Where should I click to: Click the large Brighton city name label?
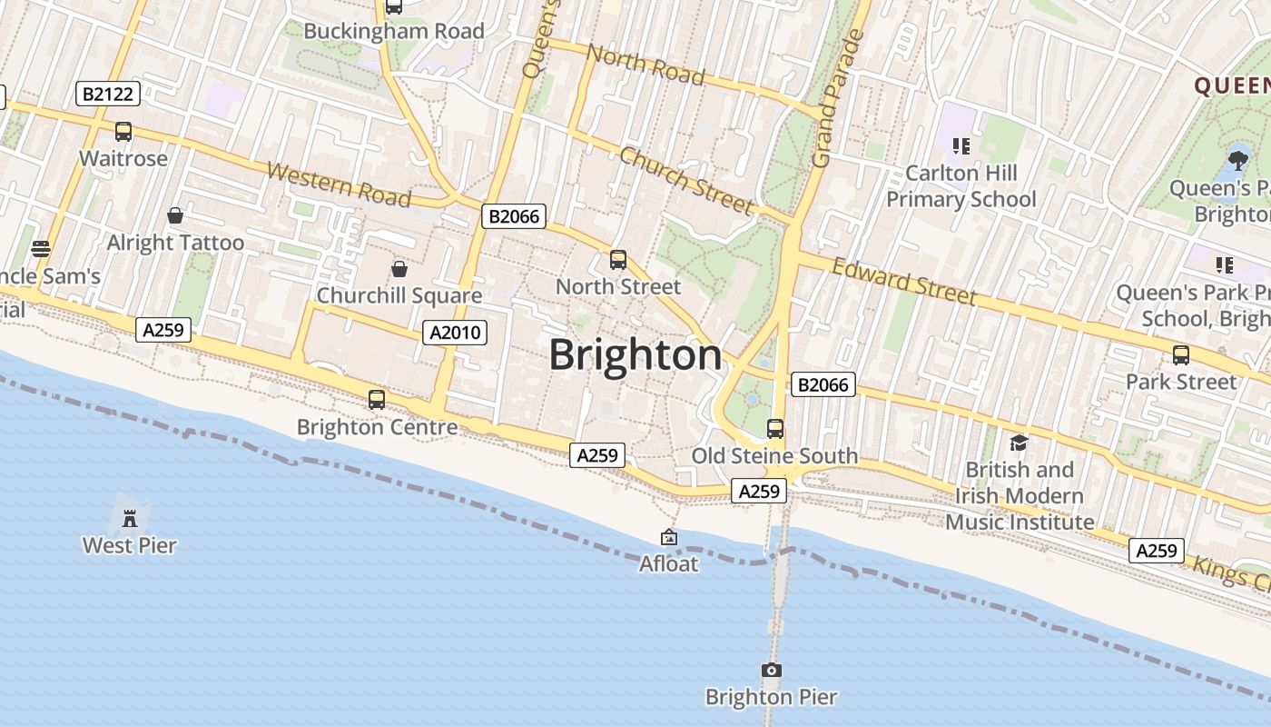click(635, 355)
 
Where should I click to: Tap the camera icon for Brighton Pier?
click(771, 671)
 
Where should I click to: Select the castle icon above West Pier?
click(130, 518)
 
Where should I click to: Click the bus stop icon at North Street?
click(618, 260)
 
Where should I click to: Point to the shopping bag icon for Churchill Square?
click(399, 269)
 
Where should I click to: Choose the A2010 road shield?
click(455, 333)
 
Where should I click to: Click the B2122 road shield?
click(107, 93)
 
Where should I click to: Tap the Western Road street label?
click(339, 184)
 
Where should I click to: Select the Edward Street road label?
click(904, 281)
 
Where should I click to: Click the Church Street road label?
click(685, 180)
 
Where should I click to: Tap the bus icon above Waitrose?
click(123, 132)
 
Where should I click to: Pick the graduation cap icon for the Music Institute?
click(1019, 443)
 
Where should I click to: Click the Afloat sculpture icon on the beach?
click(669, 537)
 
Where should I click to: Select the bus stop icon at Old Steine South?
click(774, 429)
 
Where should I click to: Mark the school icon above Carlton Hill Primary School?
click(961, 145)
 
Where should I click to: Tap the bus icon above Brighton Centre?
click(377, 400)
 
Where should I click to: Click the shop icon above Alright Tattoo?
click(175, 215)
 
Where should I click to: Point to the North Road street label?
click(645, 64)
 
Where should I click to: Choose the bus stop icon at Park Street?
click(1181, 355)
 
